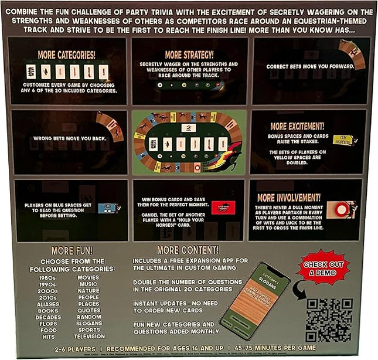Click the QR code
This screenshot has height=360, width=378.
pos(329,320)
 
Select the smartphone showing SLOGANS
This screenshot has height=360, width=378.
pos(255,302)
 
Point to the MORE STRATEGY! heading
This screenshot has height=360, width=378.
pos(189,56)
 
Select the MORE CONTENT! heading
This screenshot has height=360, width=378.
pos(188,250)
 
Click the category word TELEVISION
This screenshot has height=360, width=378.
pos(90,337)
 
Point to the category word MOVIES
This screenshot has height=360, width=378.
pos(88,277)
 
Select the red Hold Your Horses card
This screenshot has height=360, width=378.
pos(223,207)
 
